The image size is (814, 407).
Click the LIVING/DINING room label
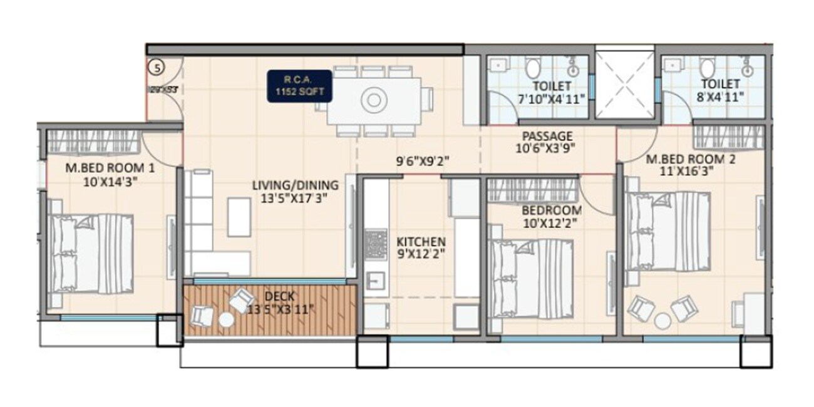[295, 192]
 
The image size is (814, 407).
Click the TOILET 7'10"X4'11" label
[551, 91]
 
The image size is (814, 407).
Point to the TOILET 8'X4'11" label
[720, 90]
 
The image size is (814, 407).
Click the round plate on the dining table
[374, 100]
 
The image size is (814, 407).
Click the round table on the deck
[226, 319]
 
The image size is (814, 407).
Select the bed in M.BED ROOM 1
[91, 254]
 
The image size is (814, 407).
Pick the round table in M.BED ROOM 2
[662, 321]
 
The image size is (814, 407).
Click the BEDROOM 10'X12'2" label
[551, 216]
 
